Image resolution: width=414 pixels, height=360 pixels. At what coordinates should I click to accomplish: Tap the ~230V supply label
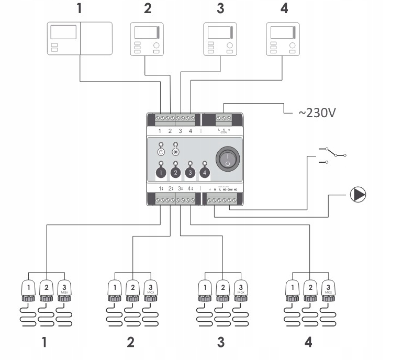click(316, 113)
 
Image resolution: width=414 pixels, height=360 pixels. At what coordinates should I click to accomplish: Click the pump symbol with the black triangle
click(358, 195)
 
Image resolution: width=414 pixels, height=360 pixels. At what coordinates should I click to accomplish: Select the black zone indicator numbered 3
click(191, 172)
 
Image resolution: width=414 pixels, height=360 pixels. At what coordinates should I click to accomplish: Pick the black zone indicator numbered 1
click(161, 172)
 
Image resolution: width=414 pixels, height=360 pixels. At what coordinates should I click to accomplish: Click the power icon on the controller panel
click(161, 152)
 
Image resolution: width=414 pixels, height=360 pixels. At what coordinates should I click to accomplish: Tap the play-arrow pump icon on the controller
click(175, 152)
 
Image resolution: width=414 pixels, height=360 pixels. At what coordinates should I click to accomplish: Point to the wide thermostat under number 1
click(80, 38)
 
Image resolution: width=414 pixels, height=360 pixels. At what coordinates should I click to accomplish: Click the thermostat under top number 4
click(283, 38)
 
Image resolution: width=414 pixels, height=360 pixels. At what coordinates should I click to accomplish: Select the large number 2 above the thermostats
click(148, 9)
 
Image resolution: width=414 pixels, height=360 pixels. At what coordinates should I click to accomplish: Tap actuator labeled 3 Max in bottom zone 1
click(64, 288)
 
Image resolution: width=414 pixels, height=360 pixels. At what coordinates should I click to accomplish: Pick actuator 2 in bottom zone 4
click(310, 288)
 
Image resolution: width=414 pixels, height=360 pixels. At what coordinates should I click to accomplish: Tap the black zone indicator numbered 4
click(205, 172)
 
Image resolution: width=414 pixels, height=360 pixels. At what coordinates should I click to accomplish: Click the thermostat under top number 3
click(220, 38)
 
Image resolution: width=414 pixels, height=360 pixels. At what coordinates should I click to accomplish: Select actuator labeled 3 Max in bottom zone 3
click(240, 288)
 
